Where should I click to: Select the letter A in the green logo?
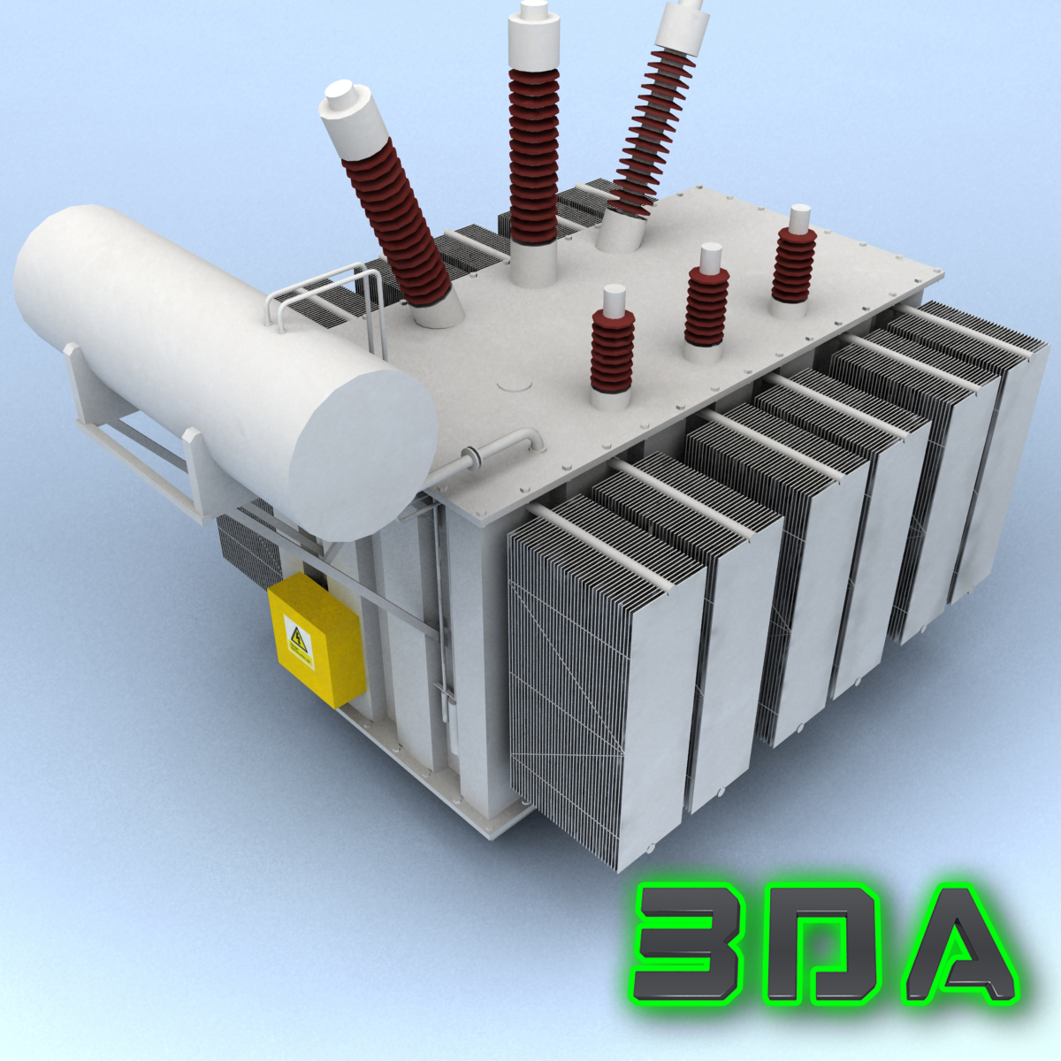click(958, 946)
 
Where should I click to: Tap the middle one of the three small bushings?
click(706, 306)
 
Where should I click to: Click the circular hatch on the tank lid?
click(515, 385)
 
